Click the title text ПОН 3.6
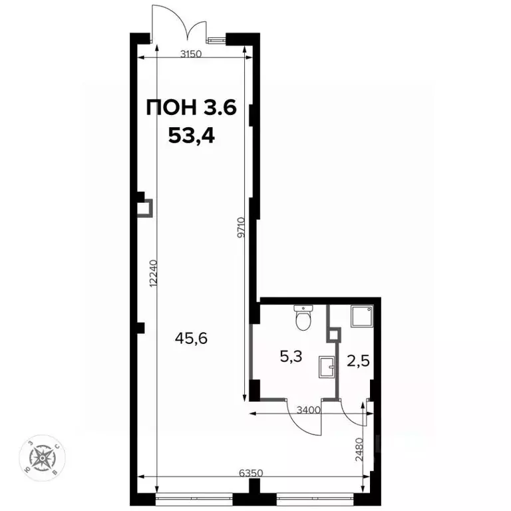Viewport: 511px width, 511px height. tap(191, 108)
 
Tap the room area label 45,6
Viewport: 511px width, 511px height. tap(192, 338)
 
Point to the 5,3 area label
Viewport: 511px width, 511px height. tap(291, 357)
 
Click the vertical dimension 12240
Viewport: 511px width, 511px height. tap(154, 273)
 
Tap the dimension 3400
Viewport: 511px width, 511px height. tap(310, 410)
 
